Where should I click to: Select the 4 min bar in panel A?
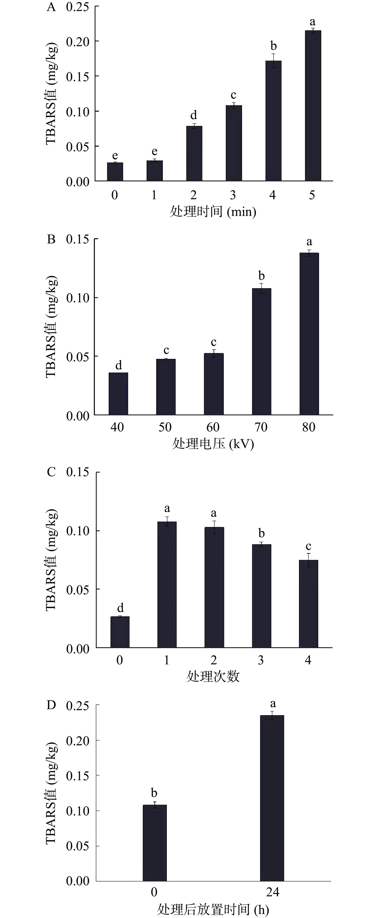coord(273,121)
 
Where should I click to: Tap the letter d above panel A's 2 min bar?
coord(194,115)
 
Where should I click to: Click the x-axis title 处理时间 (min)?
coord(213,212)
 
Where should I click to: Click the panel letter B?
coord(51,239)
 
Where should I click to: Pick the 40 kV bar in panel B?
coord(118,394)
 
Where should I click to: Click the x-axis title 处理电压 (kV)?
coord(213,444)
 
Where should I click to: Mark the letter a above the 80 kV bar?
coord(309,242)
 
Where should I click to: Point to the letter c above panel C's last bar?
coord(308,546)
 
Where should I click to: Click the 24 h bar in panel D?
coord(272,798)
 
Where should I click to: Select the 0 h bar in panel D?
coord(155,843)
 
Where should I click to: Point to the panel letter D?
coord(51,705)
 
